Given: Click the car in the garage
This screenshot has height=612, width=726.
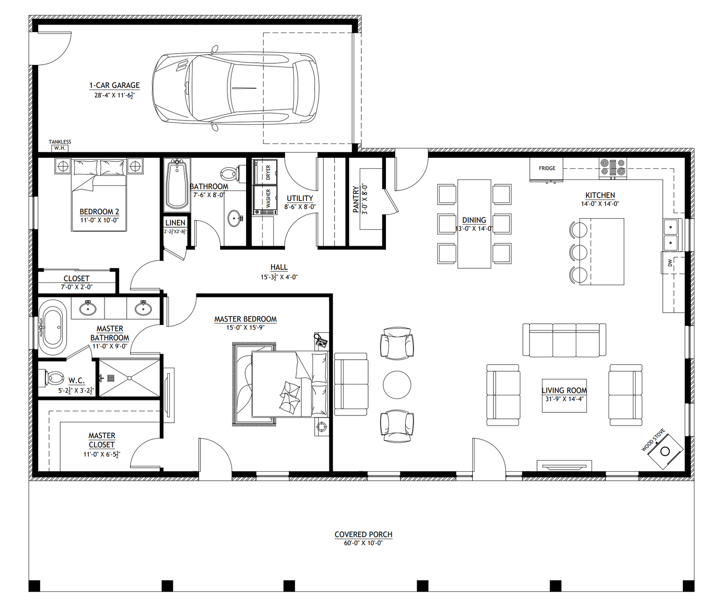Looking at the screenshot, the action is [236, 88].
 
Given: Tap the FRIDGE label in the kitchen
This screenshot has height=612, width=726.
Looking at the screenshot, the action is [547, 168].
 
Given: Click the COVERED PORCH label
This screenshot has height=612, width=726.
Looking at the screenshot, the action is [363, 534].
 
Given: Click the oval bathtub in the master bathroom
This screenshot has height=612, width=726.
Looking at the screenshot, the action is [52, 327].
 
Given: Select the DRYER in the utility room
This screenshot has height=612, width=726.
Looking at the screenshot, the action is [265, 172].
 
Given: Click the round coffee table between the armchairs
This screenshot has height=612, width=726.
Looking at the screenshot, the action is [397, 384].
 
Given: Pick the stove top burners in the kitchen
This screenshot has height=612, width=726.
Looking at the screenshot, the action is [612, 168].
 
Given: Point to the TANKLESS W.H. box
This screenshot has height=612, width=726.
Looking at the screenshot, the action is [60, 148].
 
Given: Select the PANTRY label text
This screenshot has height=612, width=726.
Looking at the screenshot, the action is [356, 199].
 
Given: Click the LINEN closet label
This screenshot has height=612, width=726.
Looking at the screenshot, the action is [175, 223].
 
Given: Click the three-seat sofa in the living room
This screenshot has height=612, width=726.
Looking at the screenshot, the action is [564, 340].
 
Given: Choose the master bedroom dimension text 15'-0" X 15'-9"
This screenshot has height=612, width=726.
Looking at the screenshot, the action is [246, 327].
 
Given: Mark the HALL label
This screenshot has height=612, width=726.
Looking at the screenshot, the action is [279, 267].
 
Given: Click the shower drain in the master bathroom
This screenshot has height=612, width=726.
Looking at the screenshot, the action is [111, 378].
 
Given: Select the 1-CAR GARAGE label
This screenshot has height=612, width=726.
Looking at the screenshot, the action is [115, 85].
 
